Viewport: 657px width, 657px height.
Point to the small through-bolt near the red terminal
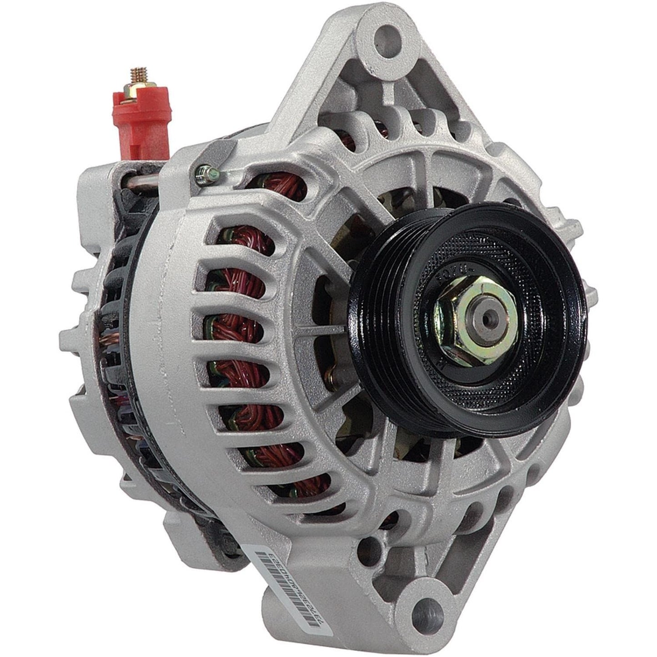coord(203,173)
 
